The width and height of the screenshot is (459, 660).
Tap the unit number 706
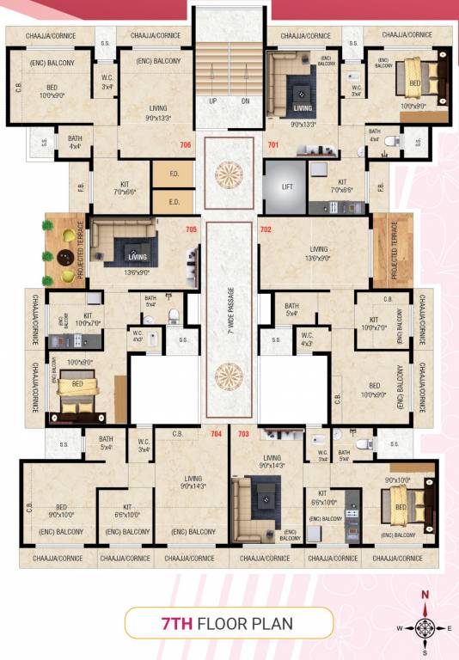tap(185, 145)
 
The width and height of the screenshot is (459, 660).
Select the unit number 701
tap(273, 145)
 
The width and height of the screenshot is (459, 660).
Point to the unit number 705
tap(191, 229)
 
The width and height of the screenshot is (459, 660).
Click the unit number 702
tap(266, 229)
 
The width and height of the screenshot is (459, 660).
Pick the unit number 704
tap(216, 434)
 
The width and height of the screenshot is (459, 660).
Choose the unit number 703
tap(243, 434)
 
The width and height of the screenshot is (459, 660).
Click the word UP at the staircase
tap(212, 101)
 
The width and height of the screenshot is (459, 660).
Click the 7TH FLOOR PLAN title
tap(229, 623)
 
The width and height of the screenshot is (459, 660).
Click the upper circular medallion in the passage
tap(229, 170)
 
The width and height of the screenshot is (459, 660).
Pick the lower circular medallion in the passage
tap(229, 376)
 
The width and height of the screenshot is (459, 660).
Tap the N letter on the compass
tap(424, 595)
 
